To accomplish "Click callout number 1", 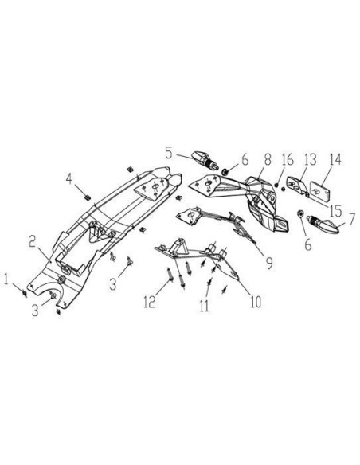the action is point(6,279).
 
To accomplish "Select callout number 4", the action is point(69,179).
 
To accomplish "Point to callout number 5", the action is point(169,153).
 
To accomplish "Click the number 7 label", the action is point(351,220).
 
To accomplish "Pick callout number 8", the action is point(268,159).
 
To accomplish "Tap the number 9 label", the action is point(269,264).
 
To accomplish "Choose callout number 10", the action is point(256,302).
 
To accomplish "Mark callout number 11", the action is point(204,306).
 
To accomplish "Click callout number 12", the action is point(150,302).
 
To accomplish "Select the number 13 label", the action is point(310,159).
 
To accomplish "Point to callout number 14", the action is point(335,159).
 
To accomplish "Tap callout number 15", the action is point(335,211).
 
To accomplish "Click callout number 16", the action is point(288,159).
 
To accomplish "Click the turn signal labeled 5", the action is point(205,160).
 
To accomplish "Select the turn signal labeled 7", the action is point(323,225).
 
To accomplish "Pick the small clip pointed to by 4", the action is point(88,197).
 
